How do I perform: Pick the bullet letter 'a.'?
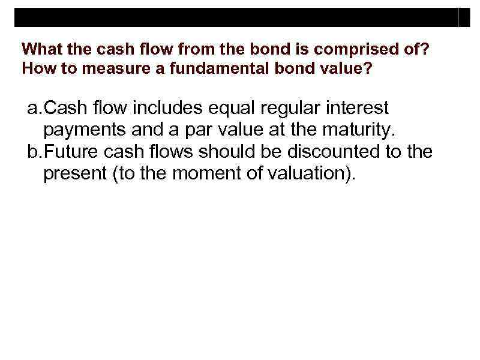pos(35,108)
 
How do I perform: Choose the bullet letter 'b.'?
pos(35,152)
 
